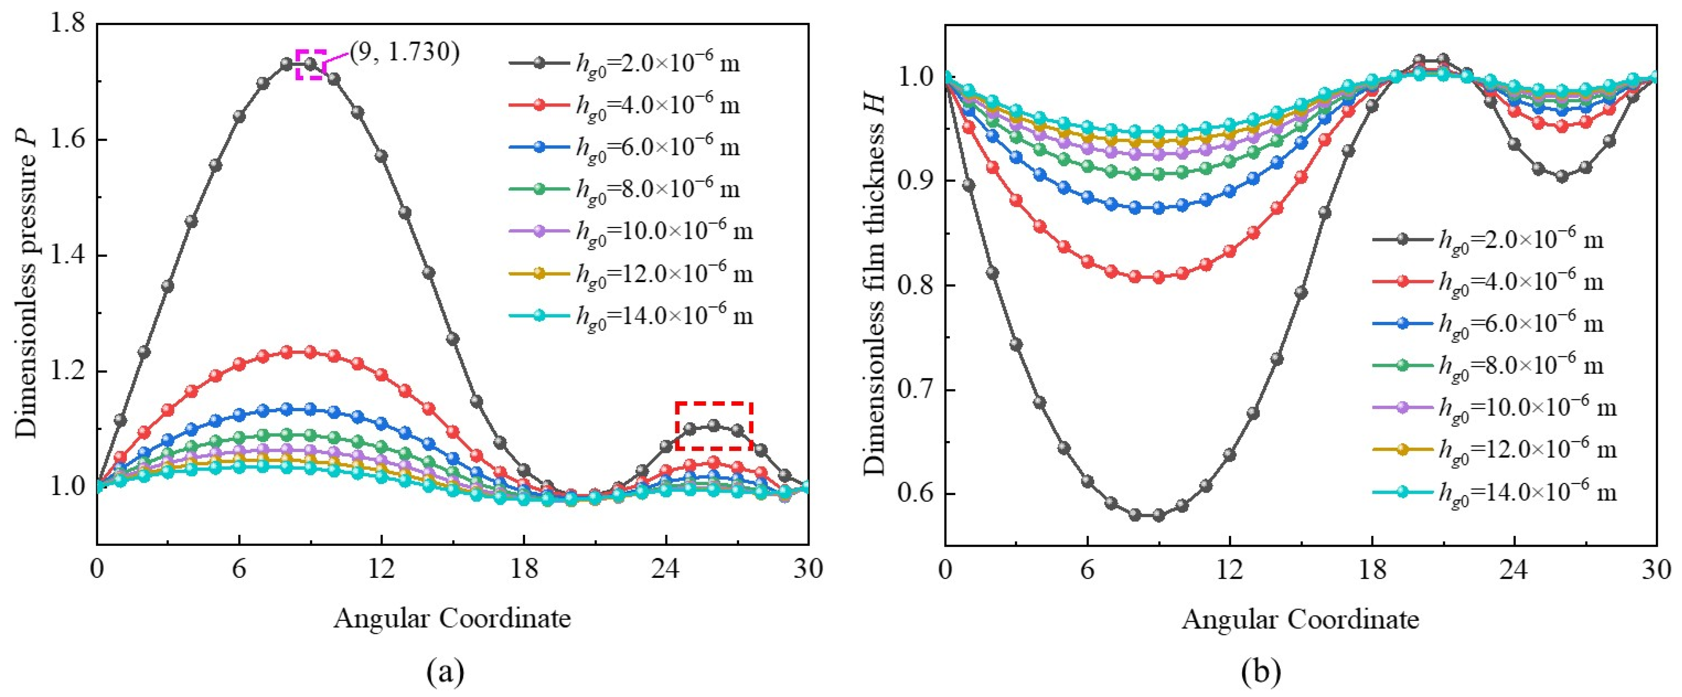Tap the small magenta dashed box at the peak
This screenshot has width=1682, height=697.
pyautogui.click(x=311, y=64)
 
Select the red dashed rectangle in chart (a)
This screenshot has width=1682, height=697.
pyautogui.click(x=714, y=425)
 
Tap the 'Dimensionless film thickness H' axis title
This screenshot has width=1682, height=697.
pyautogui.click(x=875, y=284)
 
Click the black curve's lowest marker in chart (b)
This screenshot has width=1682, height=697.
pyautogui.click(x=1158, y=516)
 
